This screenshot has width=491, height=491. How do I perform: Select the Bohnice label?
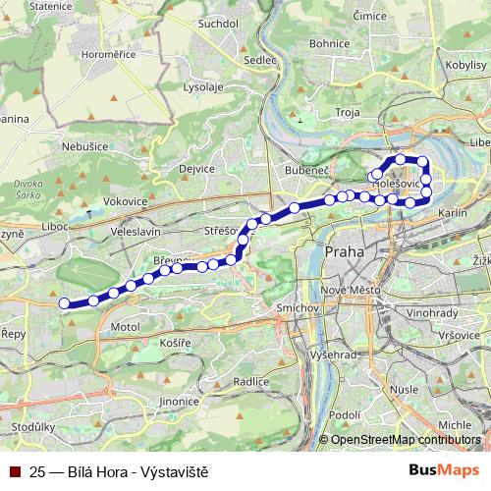(x=329, y=43)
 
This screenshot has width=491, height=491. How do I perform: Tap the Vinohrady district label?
(x=431, y=314)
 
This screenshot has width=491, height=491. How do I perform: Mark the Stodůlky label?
(x=32, y=428)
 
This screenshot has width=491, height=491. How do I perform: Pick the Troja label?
(x=349, y=113)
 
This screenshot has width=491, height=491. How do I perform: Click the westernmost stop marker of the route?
(x=65, y=303)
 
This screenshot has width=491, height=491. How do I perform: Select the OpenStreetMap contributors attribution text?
(x=406, y=440)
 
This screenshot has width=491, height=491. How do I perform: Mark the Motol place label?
(x=126, y=326)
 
